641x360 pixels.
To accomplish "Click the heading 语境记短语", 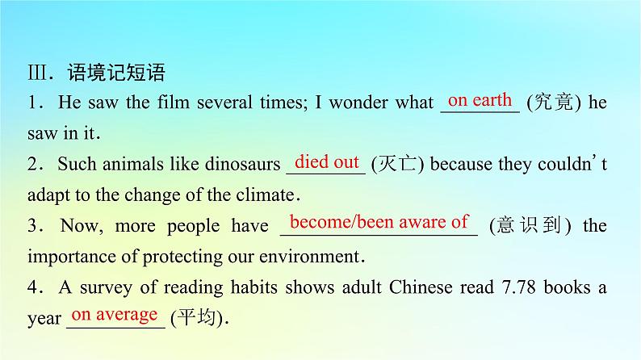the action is coord(116,73).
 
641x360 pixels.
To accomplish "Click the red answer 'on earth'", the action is coord(480,100).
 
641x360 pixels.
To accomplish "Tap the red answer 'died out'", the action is coord(327,161).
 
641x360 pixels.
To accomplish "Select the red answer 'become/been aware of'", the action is coord(379,222).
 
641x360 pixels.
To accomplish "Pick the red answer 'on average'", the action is coord(115,314).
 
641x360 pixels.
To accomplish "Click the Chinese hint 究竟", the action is coord(554,103).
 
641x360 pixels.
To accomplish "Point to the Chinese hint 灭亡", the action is coord(397,164).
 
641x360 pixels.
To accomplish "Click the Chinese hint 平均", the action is coord(197,317).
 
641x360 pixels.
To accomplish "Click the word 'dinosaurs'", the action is coord(243,164).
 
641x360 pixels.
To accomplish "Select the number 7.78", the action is coord(518,287).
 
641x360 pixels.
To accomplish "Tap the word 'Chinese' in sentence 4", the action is coord(421,287).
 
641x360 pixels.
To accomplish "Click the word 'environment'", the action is coord(309,257).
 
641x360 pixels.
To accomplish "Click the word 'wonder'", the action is coord(358,103).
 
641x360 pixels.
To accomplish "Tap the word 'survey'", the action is coord(106,288).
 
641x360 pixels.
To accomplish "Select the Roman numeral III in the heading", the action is coord(38,73).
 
